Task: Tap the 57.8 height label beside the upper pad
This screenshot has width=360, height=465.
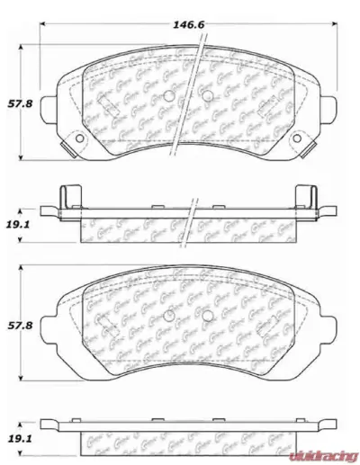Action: (19, 104)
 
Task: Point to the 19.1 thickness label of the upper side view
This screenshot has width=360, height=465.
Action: (20, 225)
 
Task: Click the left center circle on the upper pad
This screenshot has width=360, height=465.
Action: (169, 96)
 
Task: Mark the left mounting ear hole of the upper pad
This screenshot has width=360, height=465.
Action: (76, 138)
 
